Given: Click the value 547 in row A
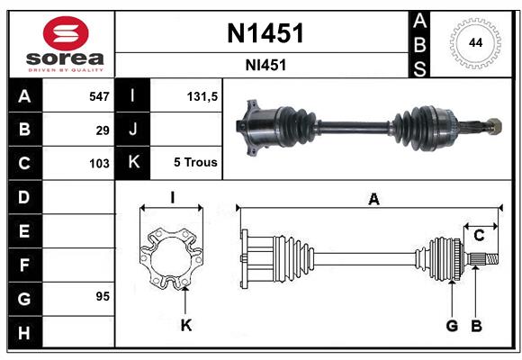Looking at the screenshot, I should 99,96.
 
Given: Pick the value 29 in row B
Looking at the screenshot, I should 103,130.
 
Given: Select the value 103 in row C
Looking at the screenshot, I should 99,164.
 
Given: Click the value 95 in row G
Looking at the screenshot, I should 103,296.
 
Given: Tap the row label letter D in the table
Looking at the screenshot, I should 24,196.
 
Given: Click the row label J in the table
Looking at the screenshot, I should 134,130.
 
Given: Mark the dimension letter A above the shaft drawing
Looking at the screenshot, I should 373,200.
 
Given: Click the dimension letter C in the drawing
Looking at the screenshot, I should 479,235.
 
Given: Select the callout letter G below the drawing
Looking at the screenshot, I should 453,325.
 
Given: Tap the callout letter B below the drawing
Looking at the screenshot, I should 477,325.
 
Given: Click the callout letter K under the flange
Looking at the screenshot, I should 185,325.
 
